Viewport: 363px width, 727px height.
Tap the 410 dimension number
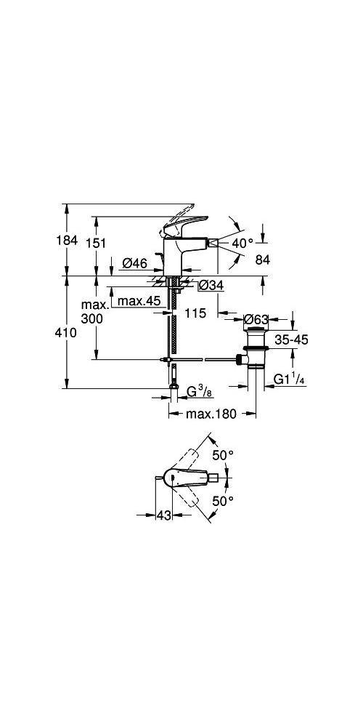67,333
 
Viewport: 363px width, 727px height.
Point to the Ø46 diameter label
135,263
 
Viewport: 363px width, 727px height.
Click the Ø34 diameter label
211,286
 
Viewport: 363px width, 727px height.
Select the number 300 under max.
91,318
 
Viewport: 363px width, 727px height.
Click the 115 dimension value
195,314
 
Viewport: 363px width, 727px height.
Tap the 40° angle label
242,243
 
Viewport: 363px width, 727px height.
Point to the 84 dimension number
262,260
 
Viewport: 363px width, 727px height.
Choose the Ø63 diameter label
256,319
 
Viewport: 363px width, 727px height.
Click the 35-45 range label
291,340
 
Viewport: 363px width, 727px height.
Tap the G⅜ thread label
199,393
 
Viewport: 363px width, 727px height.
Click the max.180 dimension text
211,414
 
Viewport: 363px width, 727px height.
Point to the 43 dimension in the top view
164,515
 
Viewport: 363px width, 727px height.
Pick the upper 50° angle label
223,455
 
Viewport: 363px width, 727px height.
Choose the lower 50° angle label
223,501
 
